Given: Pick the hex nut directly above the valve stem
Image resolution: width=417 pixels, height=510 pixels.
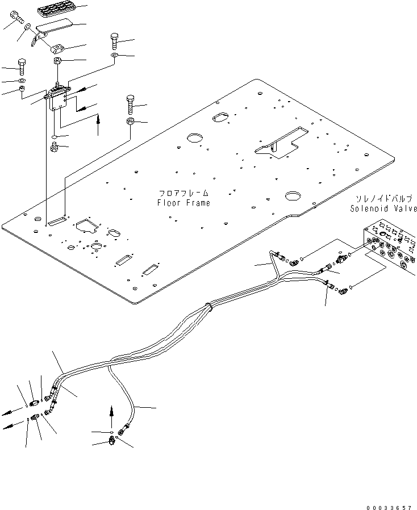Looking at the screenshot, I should [58, 61].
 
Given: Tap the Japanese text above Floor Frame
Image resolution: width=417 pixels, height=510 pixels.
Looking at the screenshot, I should [184, 194].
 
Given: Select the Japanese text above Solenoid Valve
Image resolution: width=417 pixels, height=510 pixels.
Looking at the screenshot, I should [383, 199].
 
